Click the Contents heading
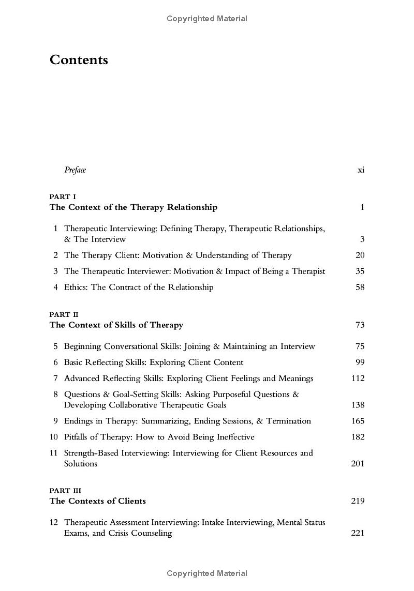[x=79, y=60]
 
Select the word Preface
[x=75, y=170]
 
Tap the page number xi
[x=361, y=170]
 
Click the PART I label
[x=63, y=196]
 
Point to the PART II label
[x=64, y=314]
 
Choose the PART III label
[x=65, y=490]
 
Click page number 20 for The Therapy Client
[x=360, y=255]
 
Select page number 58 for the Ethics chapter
[x=360, y=287]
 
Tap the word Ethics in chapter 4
[x=76, y=287]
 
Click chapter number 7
[x=55, y=378]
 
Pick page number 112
[x=358, y=378]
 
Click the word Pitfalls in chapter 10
[x=78, y=437]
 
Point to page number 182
[x=358, y=437]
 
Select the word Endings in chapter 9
[x=79, y=421]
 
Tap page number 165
[x=358, y=421]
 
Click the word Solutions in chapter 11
[x=80, y=464]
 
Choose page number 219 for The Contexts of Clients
[x=358, y=501]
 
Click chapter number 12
[x=54, y=522]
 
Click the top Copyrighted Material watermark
[x=207, y=19]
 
